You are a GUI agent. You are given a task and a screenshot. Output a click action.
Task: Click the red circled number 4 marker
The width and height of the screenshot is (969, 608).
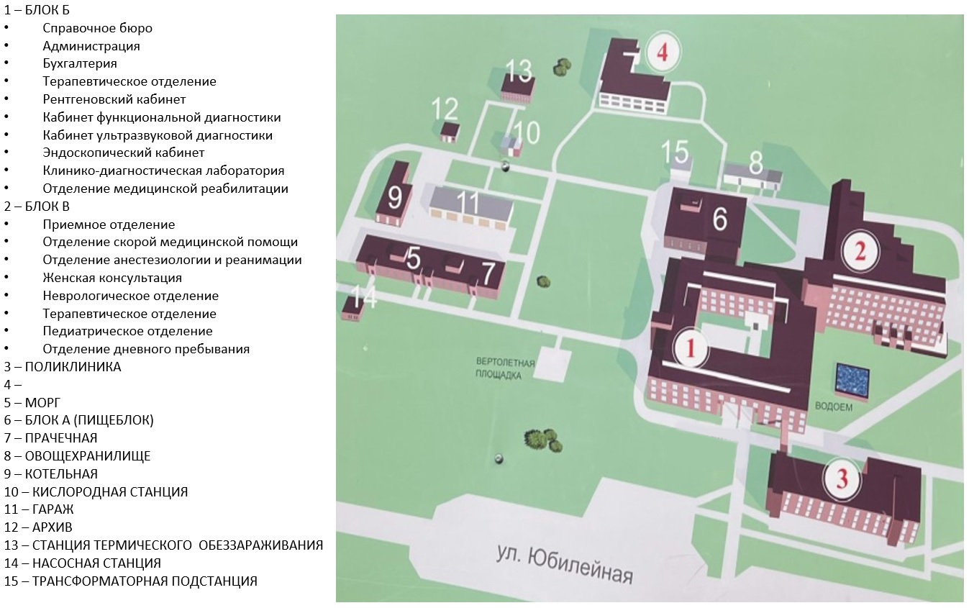coord(663,53)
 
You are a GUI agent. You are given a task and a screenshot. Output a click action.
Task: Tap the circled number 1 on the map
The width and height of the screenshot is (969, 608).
coord(691,348)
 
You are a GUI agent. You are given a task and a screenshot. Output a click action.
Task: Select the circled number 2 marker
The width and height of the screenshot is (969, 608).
coord(860,251)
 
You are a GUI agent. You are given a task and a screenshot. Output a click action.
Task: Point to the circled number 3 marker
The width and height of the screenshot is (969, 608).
coord(842,479)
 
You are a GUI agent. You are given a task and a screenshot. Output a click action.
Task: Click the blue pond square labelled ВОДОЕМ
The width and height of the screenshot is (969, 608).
coord(852,380)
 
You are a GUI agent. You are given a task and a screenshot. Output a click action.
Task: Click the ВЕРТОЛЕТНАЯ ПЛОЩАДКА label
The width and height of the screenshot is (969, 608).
coord(505,368)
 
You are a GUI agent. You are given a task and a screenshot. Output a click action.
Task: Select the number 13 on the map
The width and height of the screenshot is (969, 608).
coord(518,71)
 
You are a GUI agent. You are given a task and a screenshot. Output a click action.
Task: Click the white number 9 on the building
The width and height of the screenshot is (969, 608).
coord(394,197)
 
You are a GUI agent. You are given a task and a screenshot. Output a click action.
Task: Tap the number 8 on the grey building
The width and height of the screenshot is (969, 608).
coord(756,163)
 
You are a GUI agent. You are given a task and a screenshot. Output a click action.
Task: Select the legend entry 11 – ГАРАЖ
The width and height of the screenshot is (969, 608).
coord(39,509)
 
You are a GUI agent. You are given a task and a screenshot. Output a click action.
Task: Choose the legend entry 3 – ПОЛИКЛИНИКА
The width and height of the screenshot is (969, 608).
coord(63,366)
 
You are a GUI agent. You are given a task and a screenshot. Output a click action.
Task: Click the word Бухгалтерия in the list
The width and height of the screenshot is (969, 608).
coord(80,63)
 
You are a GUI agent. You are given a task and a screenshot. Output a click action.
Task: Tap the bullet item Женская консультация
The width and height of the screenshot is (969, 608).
coord(112,278)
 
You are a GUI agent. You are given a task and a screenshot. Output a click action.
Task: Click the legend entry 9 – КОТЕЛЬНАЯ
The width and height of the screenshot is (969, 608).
coord(50,473)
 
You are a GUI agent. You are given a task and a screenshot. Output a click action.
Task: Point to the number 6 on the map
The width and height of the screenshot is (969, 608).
coord(720,219)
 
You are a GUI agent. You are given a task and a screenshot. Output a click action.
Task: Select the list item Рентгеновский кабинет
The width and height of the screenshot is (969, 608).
coord(114,99)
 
